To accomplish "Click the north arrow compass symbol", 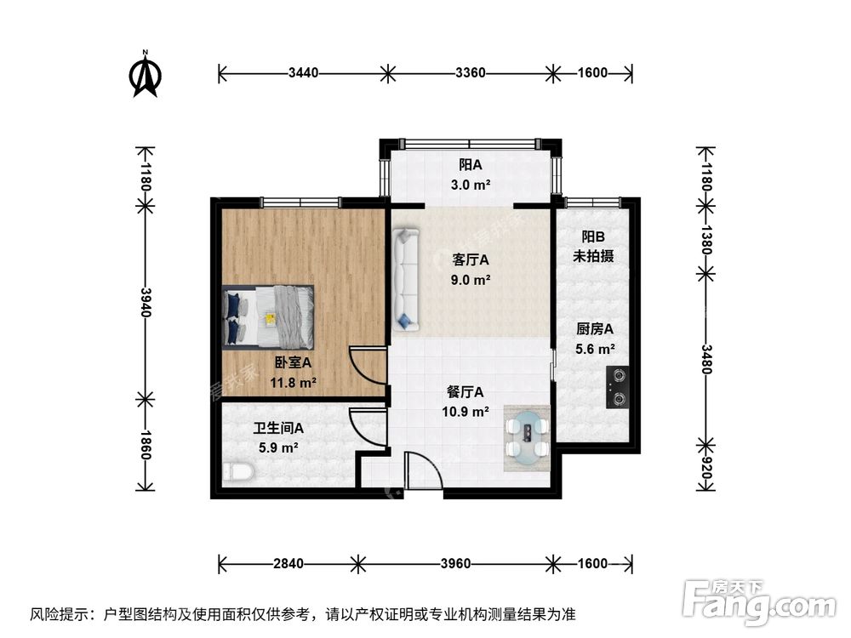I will pyautogui.click(x=146, y=75).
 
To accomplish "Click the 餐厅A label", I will pyautogui.click(x=465, y=392).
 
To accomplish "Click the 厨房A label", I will pyautogui.click(x=595, y=329).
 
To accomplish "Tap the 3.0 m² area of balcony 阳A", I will pyautogui.click(x=470, y=184).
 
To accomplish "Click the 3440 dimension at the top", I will pyautogui.click(x=303, y=73).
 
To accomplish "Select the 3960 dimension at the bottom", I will pyautogui.click(x=457, y=563).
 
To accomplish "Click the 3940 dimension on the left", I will pyautogui.click(x=145, y=302).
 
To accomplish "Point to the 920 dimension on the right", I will pyautogui.click(x=705, y=465).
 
